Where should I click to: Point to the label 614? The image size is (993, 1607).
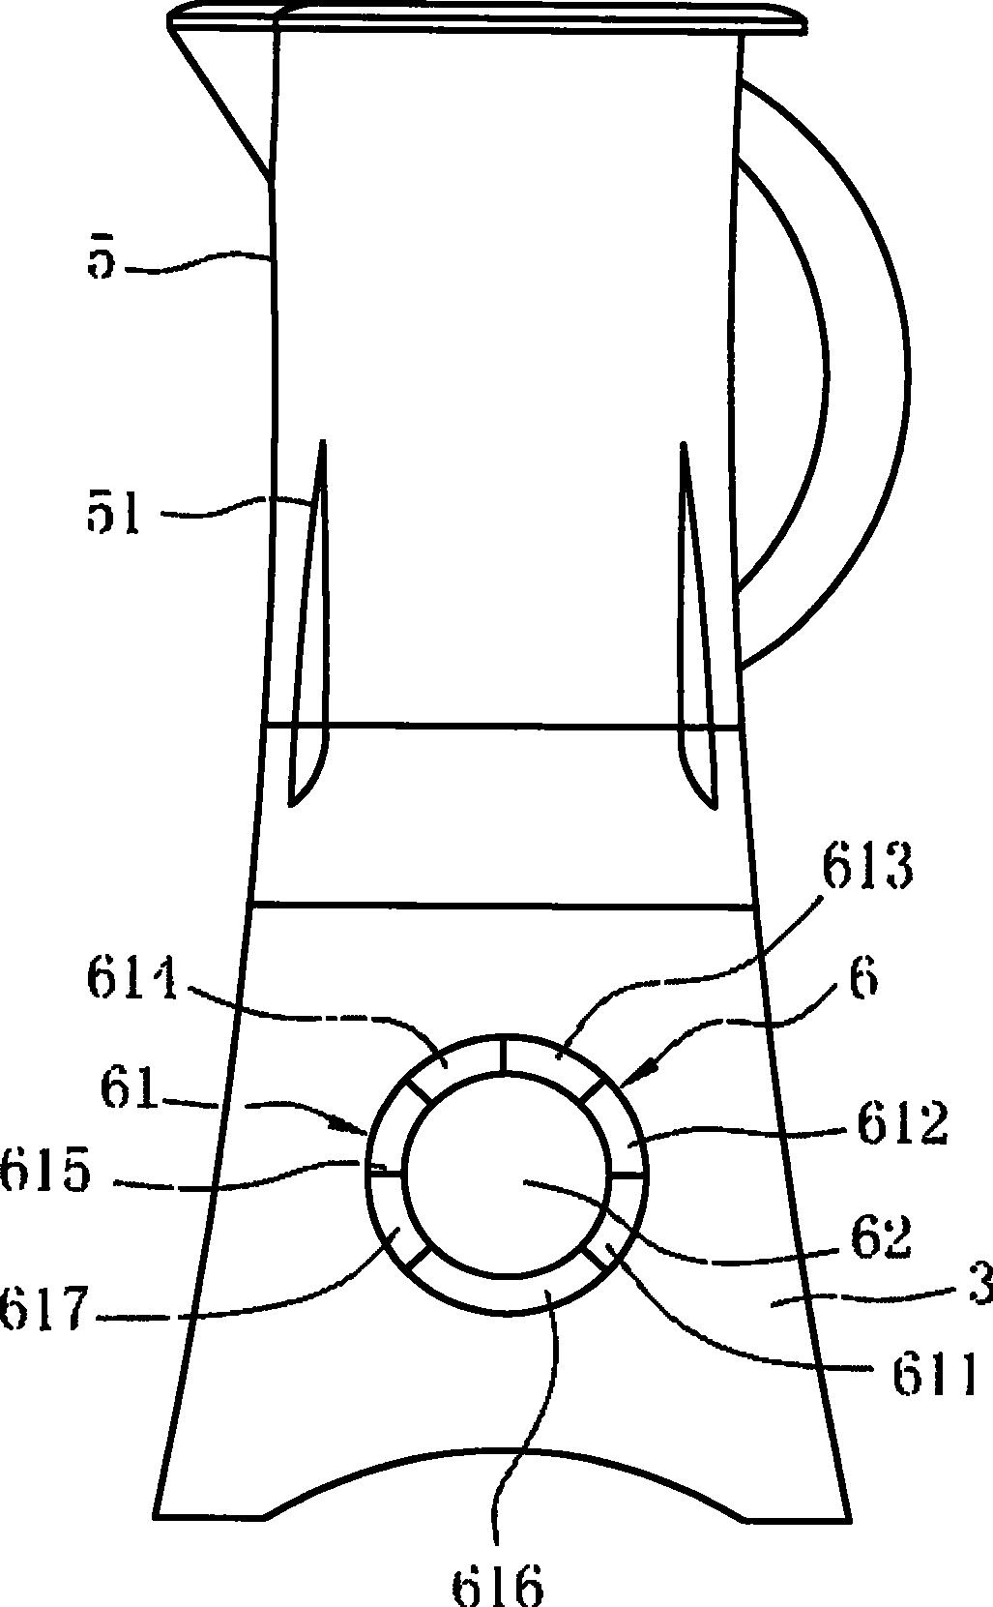134,980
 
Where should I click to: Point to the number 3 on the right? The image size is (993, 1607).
978,1292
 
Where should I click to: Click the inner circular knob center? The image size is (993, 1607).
506,1175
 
